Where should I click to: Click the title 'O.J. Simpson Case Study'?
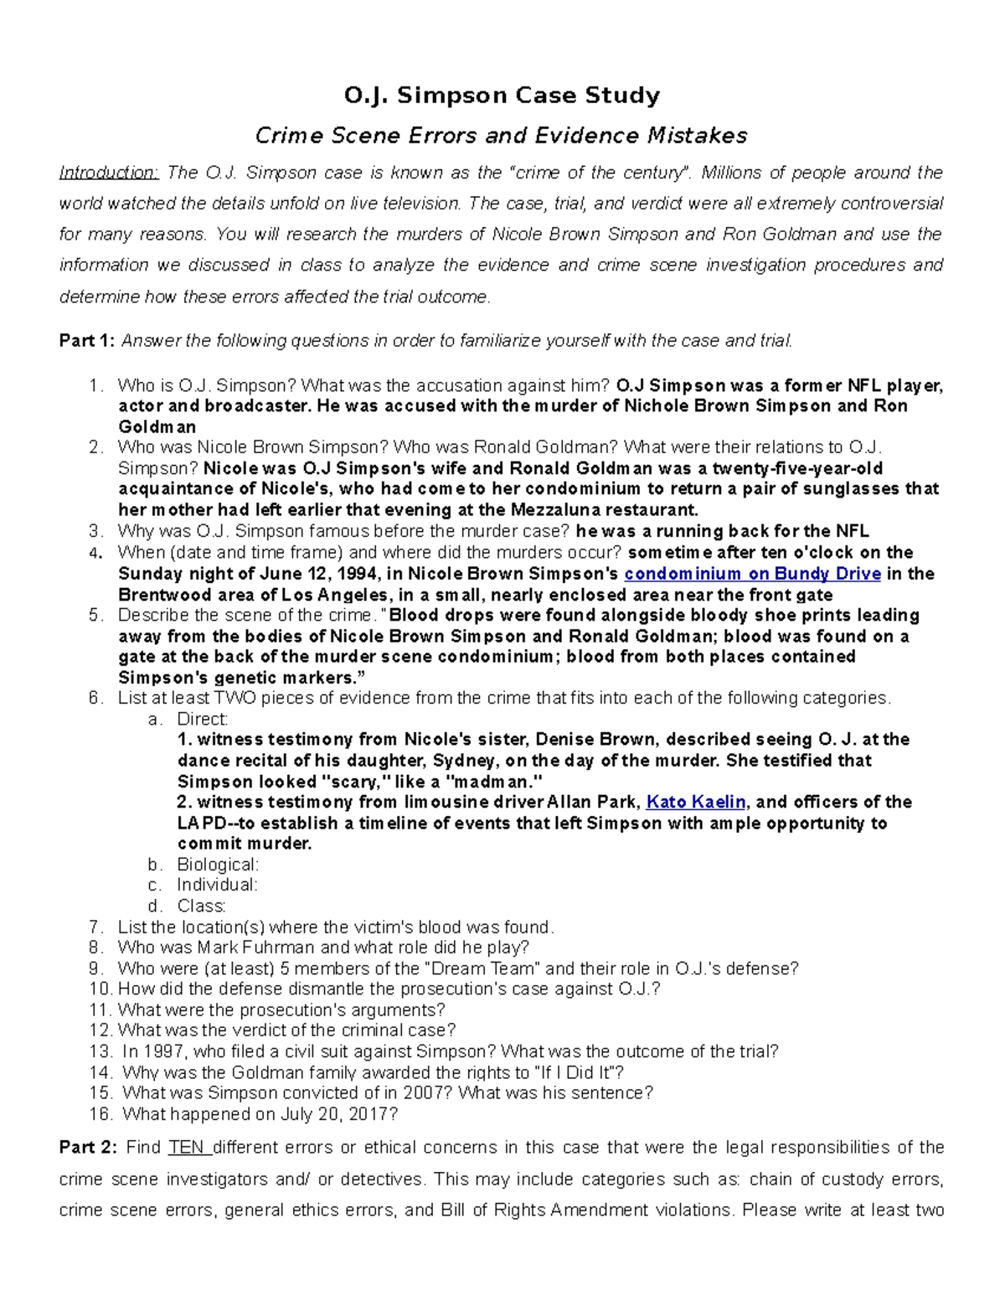click(x=502, y=96)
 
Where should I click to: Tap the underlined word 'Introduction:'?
click(x=108, y=173)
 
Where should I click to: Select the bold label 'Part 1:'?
click(x=87, y=340)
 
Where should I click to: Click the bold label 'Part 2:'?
click(x=87, y=1147)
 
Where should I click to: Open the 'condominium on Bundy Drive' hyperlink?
click(x=752, y=574)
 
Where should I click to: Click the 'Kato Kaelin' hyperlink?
click(x=696, y=802)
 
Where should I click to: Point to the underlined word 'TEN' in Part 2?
click(x=188, y=1147)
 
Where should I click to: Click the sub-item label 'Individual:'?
click(x=217, y=885)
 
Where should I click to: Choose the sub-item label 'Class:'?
click(x=201, y=906)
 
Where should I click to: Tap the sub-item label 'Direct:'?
click(x=202, y=719)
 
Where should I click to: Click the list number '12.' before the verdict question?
click(x=100, y=1030)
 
